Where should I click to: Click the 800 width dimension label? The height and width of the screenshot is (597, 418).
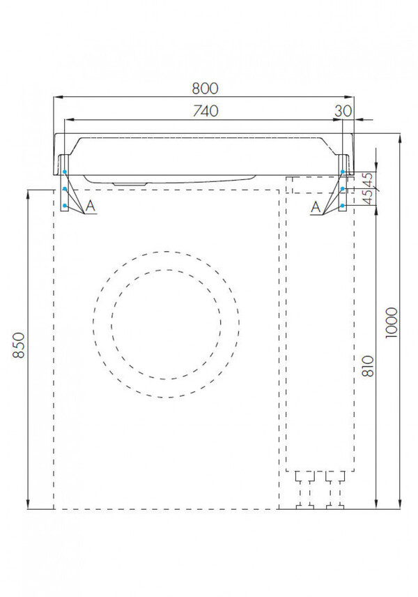pyautogui.click(x=205, y=89)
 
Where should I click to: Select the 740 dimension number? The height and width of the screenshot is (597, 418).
pyautogui.click(x=206, y=111)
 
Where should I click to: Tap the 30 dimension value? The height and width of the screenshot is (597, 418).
pyautogui.click(x=343, y=111)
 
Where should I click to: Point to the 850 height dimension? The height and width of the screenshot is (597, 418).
pyautogui.click(x=19, y=345)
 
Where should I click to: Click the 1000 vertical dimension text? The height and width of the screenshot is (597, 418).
pyautogui.click(x=392, y=322)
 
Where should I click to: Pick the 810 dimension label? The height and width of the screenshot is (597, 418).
pyautogui.click(x=368, y=366)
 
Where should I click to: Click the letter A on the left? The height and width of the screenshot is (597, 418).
pyautogui.click(x=90, y=206)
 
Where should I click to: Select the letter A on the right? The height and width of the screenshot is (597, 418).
pyautogui.click(x=316, y=208)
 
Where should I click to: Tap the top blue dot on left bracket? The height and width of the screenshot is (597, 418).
pyautogui.click(x=65, y=172)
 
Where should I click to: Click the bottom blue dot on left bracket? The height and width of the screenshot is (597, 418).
pyautogui.click(x=65, y=206)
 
